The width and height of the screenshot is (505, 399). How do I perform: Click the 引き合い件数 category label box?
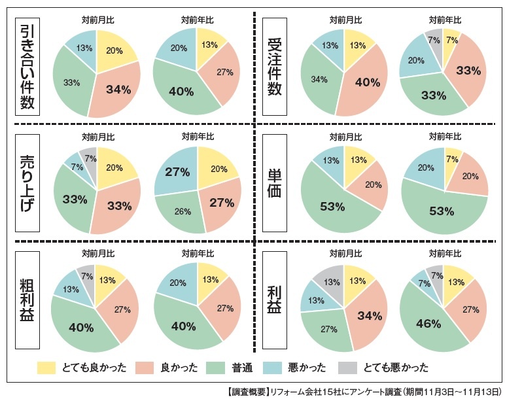pos(29,67)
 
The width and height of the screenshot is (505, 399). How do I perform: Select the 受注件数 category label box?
pos(275,67)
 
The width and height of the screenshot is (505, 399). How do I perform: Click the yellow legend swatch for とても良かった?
pos(47,367)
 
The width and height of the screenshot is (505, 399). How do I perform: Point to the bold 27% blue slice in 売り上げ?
pos(176,173)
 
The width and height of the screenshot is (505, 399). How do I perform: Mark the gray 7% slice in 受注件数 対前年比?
pos(434,39)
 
